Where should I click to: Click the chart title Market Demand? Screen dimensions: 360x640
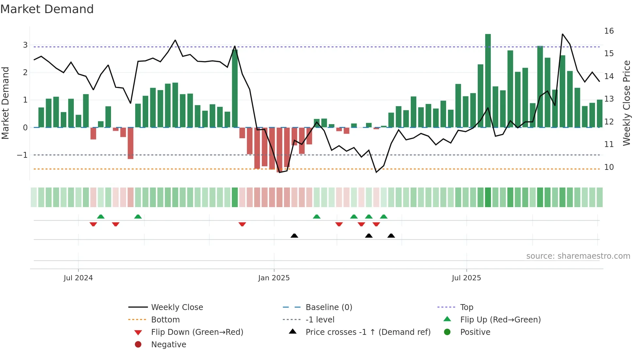[47, 9]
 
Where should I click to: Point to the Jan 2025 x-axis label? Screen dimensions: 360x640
[274, 278]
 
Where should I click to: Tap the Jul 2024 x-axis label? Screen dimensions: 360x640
[78, 278]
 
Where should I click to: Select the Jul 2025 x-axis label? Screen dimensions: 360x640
[466, 278]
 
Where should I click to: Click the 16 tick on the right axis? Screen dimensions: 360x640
[609, 31]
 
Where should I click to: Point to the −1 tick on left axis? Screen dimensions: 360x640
[23, 155]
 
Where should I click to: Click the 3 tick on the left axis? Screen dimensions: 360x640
[25, 45]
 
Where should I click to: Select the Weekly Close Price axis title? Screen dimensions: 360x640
[626, 103]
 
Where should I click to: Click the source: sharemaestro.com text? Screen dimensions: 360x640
[578, 256]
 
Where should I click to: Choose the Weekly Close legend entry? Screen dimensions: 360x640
[177, 307]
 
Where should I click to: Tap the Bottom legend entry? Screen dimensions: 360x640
[165, 320]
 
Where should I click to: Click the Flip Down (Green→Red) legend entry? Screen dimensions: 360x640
[197, 332]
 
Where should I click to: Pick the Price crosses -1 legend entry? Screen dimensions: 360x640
[368, 332]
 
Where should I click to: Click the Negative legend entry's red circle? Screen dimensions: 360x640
[138, 345]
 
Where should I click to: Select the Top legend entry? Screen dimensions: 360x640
[466, 307]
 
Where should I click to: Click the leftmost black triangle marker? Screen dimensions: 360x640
[294, 236]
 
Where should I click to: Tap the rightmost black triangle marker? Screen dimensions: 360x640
[391, 236]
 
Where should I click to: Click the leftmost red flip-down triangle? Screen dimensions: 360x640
[93, 224]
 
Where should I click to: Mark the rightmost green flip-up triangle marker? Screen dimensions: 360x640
[384, 217]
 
